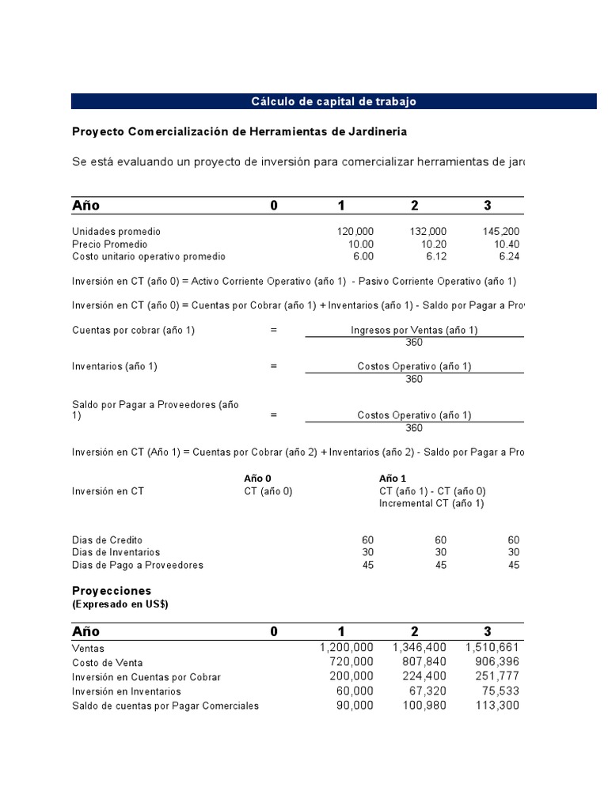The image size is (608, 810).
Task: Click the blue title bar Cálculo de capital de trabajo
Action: [x=333, y=101]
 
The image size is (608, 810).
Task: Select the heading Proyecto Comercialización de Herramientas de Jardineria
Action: [x=240, y=131]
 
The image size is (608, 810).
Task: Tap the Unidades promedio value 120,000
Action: [x=355, y=231]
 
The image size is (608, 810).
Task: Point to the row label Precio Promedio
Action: [x=110, y=244]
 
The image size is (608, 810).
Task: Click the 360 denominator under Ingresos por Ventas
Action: [x=413, y=343]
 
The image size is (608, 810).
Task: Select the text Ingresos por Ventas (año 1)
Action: [x=414, y=331]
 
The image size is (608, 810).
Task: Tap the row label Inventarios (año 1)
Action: [x=115, y=366]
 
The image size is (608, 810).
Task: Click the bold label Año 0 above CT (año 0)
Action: [x=257, y=479]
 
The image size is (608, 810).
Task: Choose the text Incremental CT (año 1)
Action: [x=431, y=503]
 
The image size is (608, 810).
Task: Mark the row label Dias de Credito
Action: [x=107, y=539]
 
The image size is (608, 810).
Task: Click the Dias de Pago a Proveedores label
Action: [x=138, y=565]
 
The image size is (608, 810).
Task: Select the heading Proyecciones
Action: [x=112, y=591]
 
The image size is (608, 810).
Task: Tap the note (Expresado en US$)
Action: [x=120, y=604]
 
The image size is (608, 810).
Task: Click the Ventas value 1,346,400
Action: [x=419, y=647]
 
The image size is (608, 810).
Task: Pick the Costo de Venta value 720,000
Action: [x=351, y=662]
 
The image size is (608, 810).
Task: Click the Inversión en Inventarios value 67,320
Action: [x=425, y=691]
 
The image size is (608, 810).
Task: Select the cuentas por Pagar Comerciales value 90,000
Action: [x=351, y=706]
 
